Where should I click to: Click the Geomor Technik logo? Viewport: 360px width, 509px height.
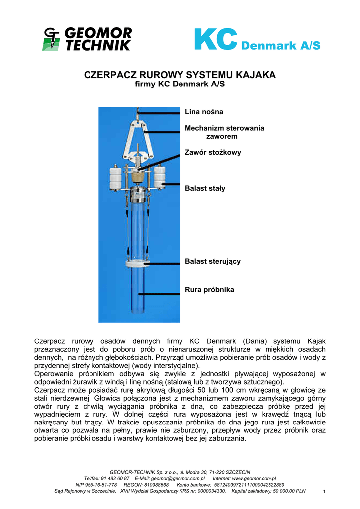point(88,39)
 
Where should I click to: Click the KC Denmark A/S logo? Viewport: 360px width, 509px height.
point(257,40)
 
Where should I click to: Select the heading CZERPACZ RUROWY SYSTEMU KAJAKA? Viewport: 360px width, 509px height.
point(180,75)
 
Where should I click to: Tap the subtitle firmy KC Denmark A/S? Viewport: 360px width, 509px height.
point(180,85)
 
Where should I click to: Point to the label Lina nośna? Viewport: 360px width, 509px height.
point(204,112)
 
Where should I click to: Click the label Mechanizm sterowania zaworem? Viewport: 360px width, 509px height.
point(224,132)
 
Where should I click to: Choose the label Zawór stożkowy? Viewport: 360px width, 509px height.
point(213,152)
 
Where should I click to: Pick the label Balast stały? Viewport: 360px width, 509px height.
point(205,188)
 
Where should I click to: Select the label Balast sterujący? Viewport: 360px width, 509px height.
point(213,261)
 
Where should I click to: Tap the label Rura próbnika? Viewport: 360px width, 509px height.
point(209,289)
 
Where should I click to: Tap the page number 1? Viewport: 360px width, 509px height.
point(324,492)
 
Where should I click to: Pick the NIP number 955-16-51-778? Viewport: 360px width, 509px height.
point(103,484)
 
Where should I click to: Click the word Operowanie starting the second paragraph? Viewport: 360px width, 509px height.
point(54,374)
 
